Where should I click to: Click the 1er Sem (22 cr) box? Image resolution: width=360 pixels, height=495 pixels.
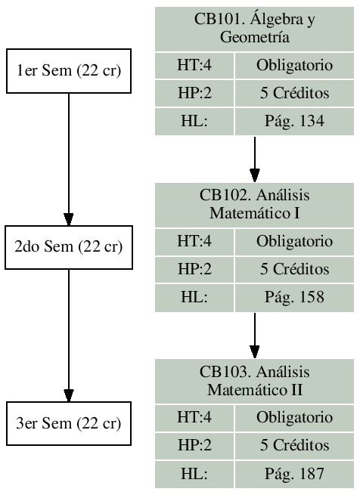coord(69,71)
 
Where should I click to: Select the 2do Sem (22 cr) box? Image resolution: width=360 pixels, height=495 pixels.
coord(69,246)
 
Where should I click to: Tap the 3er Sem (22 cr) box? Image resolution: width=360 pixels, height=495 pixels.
coord(69,422)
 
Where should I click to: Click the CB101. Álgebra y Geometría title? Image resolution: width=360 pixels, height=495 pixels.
coord(255,29)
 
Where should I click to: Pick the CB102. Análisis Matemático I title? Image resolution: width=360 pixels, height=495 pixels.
coord(255,204)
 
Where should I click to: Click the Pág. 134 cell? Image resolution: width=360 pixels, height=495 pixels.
coord(295,121)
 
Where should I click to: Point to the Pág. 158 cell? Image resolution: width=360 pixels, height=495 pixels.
coord(295,296)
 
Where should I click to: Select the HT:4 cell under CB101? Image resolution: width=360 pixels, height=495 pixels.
coord(194,66)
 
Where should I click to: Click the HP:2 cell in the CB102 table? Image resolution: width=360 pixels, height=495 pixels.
coord(194,269)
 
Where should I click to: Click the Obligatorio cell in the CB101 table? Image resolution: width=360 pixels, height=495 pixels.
coord(295,66)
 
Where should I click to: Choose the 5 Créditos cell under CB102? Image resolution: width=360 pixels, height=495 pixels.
coord(295,269)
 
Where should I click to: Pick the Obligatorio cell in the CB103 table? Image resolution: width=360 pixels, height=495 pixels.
coord(295,417)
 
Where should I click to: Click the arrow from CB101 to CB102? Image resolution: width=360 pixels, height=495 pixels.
coord(255,158)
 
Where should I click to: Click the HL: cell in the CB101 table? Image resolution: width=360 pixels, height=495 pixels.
coord(194,121)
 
